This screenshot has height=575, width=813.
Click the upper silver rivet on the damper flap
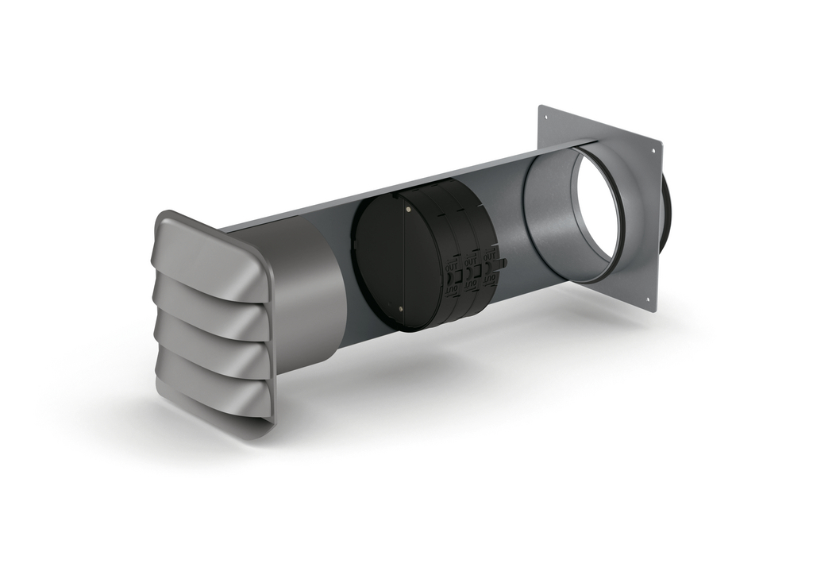pyautogui.click(x=408, y=210)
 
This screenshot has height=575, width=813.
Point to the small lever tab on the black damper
pyautogui.click(x=503, y=262)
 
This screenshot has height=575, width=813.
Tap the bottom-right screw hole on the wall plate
pyautogui.click(x=648, y=300)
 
